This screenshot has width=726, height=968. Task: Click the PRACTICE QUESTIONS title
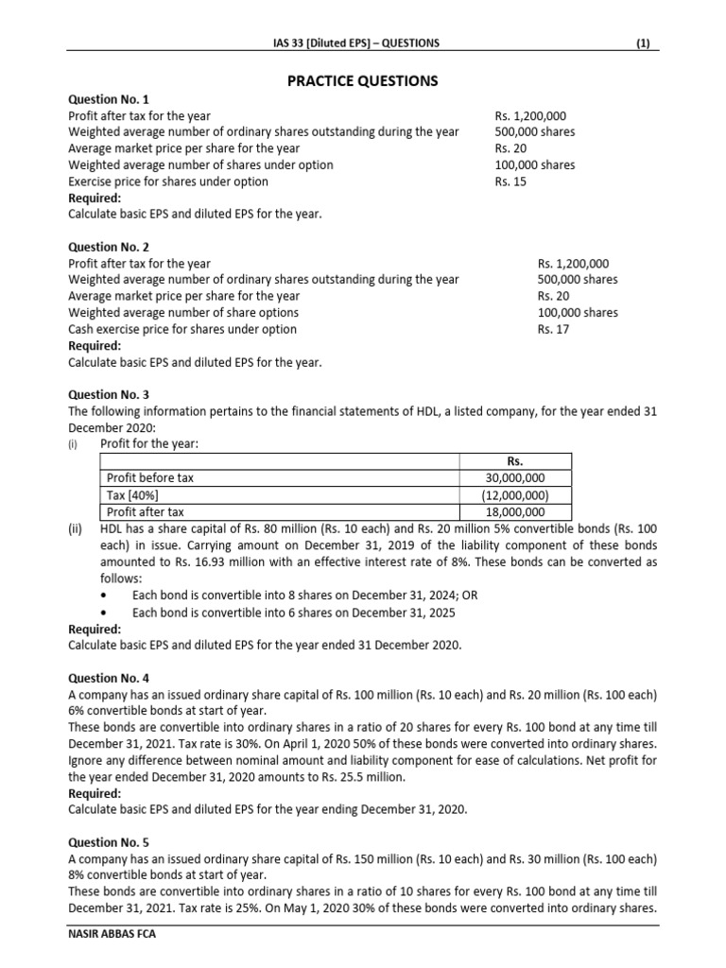pyautogui.click(x=363, y=81)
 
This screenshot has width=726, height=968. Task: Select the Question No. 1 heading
pyautogui.click(x=109, y=99)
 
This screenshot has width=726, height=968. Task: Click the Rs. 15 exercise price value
pyautogui.click(x=510, y=181)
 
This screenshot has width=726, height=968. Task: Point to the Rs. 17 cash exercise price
pyautogui.click(x=553, y=329)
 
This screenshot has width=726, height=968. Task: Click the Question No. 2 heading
pyautogui.click(x=109, y=247)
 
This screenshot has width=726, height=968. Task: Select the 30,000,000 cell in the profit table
pyautogui.click(x=514, y=478)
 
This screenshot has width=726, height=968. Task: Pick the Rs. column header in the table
pyautogui.click(x=514, y=461)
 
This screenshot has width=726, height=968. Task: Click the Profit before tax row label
pyautogui.click(x=150, y=478)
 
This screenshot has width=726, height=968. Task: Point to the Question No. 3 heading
pyautogui.click(x=109, y=394)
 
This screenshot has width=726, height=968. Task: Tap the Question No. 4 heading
pyautogui.click(x=109, y=678)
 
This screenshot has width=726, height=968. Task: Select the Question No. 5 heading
pyautogui.click(x=109, y=841)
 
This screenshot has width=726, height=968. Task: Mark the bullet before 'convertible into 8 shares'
pyautogui.click(x=105, y=596)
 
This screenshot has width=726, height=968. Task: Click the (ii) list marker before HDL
pyautogui.click(x=77, y=529)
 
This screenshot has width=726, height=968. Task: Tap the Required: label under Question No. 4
pyautogui.click(x=95, y=793)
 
